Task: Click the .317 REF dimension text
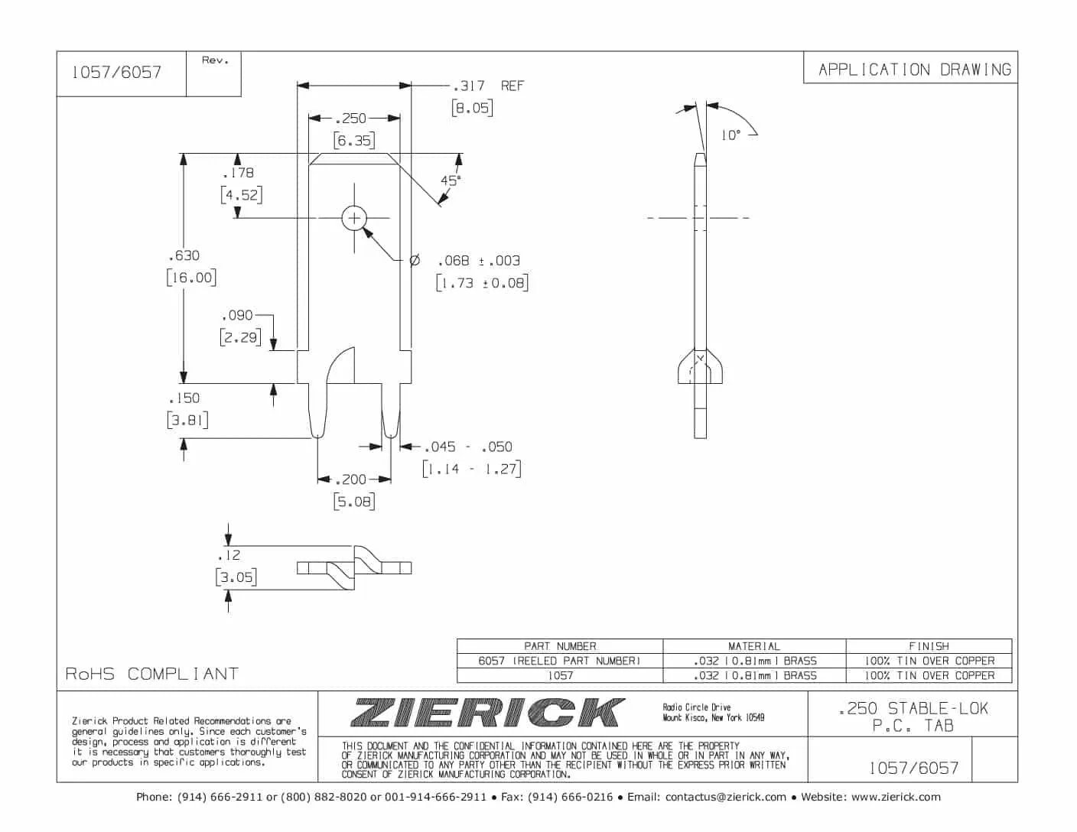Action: click(x=488, y=86)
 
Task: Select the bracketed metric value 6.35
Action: click(x=353, y=141)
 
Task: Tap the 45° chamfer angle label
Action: click(x=450, y=180)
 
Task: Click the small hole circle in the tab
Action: click(x=354, y=219)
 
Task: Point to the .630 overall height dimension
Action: click(x=184, y=255)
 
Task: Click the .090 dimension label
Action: click(x=237, y=315)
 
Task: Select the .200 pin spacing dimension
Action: click(x=353, y=479)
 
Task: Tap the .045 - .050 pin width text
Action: click(x=468, y=447)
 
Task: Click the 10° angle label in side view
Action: click(x=730, y=135)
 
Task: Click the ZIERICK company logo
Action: click(x=486, y=713)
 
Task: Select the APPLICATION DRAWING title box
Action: click(x=913, y=70)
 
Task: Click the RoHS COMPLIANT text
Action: click(x=151, y=674)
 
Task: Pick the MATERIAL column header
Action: click(x=753, y=646)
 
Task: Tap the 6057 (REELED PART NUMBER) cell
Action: click(x=559, y=661)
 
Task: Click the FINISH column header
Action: click(x=929, y=646)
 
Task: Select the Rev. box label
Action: click(x=215, y=60)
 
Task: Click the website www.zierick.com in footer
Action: click(x=895, y=797)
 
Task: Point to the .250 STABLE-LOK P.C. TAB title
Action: click(x=913, y=717)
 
